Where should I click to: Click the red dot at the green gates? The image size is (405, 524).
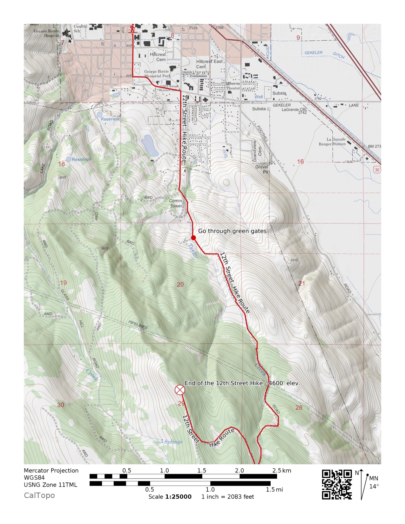pos(193,238)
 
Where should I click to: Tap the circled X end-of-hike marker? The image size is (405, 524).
pos(180,390)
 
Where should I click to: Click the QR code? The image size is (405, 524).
pos(337,484)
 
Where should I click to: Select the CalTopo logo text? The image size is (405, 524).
pos(39,495)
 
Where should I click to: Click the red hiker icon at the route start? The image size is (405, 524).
pos(133,29)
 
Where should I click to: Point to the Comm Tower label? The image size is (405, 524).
pos(176,203)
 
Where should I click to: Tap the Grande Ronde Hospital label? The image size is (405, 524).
pos(46,33)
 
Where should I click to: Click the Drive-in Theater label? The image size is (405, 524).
pos(233,86)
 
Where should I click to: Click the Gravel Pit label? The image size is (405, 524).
pos(262,169)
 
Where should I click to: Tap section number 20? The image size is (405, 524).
pos(180,285)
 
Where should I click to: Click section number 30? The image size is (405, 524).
pos(60,405)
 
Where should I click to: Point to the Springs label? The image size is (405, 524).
pos(173,442)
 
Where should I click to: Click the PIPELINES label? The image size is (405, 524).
pos(138,325)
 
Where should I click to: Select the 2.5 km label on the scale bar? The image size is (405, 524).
pos(281,471)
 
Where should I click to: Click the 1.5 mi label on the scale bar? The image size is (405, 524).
pos(274,489)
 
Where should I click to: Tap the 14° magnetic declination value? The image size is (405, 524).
pos(374,486)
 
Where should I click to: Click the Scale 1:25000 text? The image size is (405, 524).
pos(170,497)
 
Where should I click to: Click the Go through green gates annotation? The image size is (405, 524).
pos(232,231)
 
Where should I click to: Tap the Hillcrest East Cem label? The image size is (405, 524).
pos(209,64)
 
